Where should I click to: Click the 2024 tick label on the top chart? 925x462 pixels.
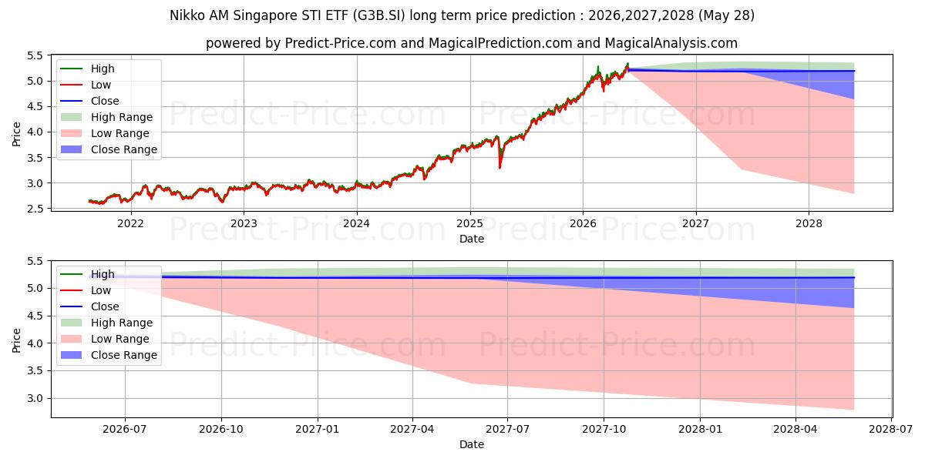356,223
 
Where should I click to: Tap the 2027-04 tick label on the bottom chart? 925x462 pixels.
412,429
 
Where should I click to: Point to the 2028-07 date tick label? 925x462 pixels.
891,429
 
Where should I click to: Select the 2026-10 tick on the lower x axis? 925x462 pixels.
221,429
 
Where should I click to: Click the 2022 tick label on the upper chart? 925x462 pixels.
130,223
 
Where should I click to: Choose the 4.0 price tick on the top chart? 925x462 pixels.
35,132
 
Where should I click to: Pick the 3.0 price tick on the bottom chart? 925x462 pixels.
35,399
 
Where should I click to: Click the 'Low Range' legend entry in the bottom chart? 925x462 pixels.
105,339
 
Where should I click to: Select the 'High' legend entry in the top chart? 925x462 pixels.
88,69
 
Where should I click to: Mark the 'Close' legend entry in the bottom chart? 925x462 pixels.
89,306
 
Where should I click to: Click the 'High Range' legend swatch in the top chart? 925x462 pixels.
71,117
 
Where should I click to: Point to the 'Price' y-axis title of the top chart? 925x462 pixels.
16,134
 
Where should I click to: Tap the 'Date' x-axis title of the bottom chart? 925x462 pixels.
472,444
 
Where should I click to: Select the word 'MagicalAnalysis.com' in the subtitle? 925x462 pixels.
671,43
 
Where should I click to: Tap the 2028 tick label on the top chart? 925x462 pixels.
809,223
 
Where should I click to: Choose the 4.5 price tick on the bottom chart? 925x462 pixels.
35,316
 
